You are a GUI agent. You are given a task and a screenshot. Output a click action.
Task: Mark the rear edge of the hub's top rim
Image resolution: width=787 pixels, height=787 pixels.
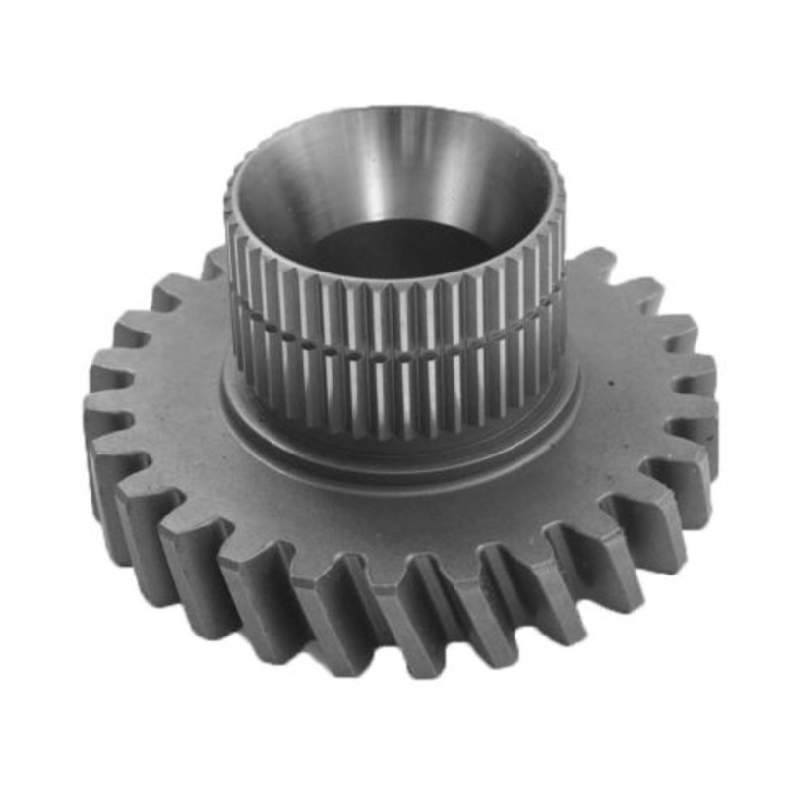pyautogui.click(x=393, y=110)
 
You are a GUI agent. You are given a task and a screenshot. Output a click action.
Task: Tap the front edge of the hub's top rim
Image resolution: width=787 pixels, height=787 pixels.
pyautogui.click(x=393, y=279)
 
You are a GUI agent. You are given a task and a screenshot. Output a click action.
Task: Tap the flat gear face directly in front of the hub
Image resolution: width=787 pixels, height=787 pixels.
pyautogui.click(x=393, y=502)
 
